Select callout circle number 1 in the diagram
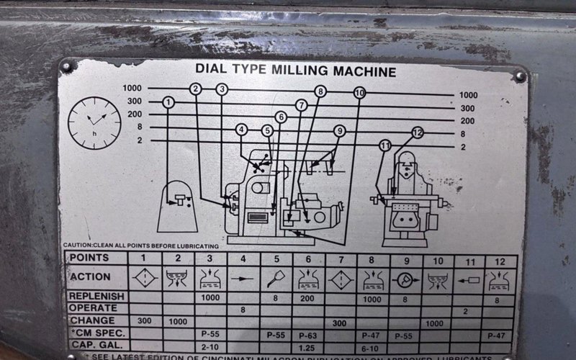168,103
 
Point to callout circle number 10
359,92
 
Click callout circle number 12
418,132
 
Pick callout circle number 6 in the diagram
281,117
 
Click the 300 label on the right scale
467,107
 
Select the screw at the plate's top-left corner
67,66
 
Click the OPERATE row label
93,307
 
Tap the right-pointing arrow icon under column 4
242,277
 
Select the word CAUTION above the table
78,246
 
